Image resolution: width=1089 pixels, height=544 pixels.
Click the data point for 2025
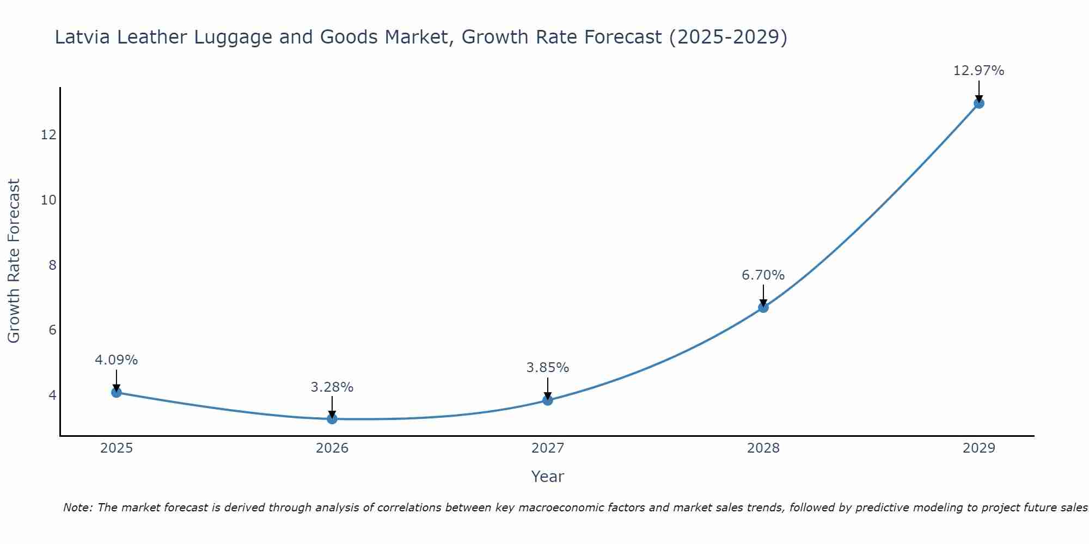116,392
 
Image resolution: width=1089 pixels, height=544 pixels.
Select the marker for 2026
332,418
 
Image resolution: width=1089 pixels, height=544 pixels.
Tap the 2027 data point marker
548,400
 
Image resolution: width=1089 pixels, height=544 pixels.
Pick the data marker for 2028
763,307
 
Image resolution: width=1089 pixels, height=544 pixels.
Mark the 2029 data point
978,103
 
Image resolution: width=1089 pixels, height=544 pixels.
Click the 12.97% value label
978,71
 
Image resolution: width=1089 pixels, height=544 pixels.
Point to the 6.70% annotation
763,275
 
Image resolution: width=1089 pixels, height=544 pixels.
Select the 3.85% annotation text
547,368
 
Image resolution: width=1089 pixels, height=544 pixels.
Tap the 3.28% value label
332,387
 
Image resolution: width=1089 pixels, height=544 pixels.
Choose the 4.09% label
116,360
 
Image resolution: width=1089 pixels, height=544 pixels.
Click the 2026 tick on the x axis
332,448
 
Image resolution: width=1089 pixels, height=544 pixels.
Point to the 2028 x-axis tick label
763,448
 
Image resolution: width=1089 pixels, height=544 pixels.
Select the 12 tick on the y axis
48,135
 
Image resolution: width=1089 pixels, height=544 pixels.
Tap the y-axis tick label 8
52,265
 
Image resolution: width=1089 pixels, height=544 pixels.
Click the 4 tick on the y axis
52,395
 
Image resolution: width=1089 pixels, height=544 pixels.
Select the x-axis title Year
547,477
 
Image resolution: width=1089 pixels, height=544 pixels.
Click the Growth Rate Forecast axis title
14,261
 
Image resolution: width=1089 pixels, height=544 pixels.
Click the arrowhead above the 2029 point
978,98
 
